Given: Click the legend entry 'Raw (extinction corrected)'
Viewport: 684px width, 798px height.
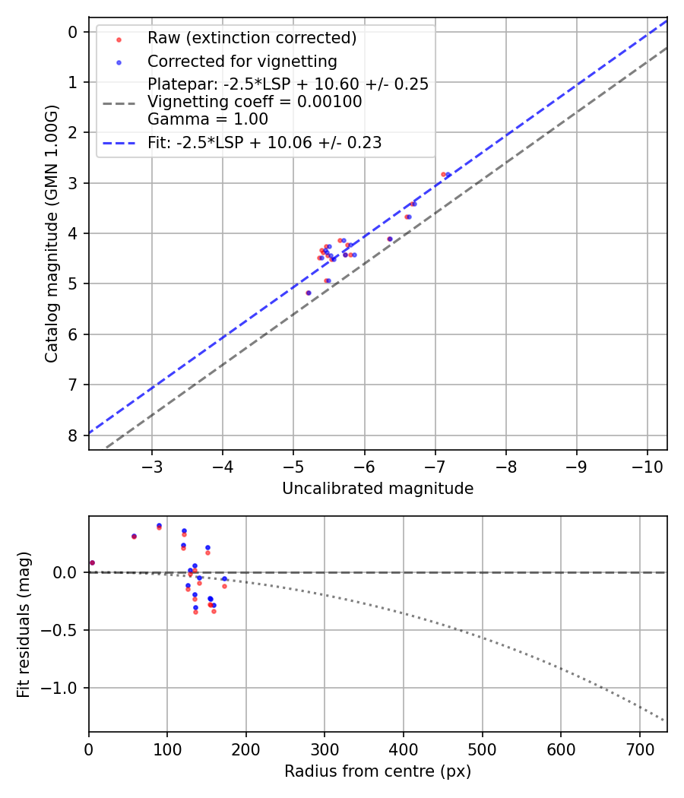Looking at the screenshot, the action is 252,38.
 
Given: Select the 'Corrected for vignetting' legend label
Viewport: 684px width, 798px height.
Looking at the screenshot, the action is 242,62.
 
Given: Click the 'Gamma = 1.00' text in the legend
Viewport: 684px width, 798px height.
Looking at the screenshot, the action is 207,119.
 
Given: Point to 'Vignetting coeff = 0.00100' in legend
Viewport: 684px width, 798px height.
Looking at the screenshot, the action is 255,102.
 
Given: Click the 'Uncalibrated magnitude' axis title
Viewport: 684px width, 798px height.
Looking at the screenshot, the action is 378,489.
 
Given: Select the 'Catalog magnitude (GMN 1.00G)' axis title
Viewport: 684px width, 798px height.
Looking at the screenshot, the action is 52,234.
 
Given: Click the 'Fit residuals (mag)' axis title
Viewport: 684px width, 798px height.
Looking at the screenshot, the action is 24,625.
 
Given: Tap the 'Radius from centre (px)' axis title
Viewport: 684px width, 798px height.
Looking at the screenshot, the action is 378,771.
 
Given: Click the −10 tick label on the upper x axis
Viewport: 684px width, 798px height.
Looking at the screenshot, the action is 648,467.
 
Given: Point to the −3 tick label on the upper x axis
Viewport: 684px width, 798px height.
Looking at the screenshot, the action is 152,467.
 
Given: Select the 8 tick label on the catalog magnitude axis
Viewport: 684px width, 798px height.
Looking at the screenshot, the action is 73,435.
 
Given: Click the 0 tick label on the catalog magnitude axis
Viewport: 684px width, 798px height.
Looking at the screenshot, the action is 73,33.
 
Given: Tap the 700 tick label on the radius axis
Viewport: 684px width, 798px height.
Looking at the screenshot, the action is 640,749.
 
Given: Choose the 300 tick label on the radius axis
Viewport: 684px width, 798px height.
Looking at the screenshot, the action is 325,749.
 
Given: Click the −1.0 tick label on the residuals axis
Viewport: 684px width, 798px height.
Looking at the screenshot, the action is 59,688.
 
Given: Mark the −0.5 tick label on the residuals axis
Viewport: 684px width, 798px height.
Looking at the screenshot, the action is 59,630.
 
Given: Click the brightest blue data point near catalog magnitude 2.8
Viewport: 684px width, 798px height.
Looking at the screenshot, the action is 448,175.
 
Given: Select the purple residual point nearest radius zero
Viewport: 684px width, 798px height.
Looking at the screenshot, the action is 92,563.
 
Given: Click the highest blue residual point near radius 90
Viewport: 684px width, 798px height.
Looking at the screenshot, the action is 160,526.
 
